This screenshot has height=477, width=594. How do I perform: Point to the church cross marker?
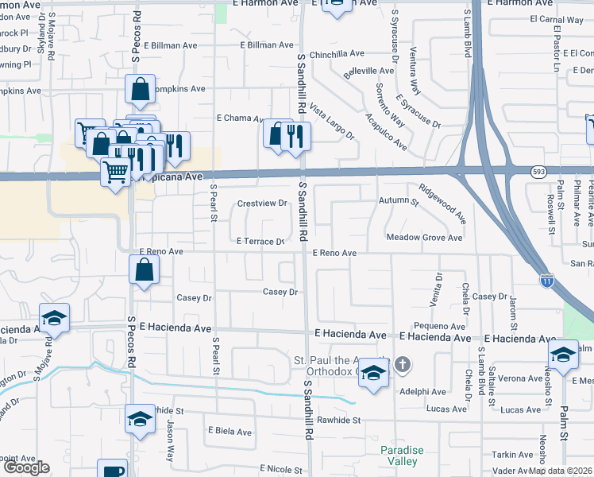pyautogui.click(x=403, y=365)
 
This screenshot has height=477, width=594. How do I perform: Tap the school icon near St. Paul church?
pyautogui.click(x=372, y=371)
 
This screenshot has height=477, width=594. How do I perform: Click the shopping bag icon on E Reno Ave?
pyautogui.click(x=144, y=270)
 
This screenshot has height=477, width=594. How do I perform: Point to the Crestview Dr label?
pyautogui.click(x=262, y=204)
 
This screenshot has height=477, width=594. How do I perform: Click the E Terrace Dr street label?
pyautogui.click(x=260, y=241)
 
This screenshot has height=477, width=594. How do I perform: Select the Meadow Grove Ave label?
pyautogui.click(x=424, y=238)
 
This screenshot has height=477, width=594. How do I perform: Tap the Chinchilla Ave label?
pyautogui.click(x=337, y=54)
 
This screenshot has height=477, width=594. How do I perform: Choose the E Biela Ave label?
pyautogui.click(x=229, y=432)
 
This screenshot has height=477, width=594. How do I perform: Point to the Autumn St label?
pyautogui.click(x=399, y=202)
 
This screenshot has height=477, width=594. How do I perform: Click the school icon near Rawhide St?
pyautogui.click(x=140, y=419)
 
